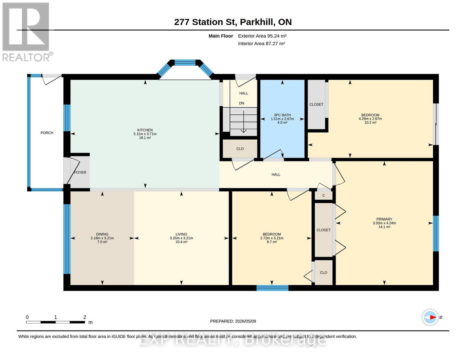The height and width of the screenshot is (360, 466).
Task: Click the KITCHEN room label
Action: point(145,130)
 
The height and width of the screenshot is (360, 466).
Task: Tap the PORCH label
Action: point(47,133)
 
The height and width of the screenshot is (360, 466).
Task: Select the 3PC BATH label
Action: point(282,115)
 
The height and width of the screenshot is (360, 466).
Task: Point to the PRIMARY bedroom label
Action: point(384,219)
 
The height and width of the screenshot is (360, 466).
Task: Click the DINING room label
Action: point(102,234)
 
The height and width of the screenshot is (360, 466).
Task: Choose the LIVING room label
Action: point(182,234)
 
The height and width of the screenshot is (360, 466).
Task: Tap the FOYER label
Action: point(80,172)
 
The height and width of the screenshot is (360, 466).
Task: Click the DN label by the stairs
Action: point(242,103)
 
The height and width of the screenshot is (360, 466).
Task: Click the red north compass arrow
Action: point(433,317)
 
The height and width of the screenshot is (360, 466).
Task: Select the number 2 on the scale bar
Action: point(85,317)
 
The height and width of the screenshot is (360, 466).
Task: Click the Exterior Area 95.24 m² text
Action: point(262,36)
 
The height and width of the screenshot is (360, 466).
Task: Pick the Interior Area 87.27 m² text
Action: point(261,43)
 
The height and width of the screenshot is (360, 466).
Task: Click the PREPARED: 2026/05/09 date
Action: point(233,321)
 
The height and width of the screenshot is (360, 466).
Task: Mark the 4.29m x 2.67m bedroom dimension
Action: point(370,118)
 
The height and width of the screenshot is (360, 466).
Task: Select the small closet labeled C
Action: point(323,196)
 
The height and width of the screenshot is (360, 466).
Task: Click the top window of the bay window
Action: point(185,63)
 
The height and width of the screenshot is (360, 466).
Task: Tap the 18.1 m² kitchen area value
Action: point(145,138)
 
